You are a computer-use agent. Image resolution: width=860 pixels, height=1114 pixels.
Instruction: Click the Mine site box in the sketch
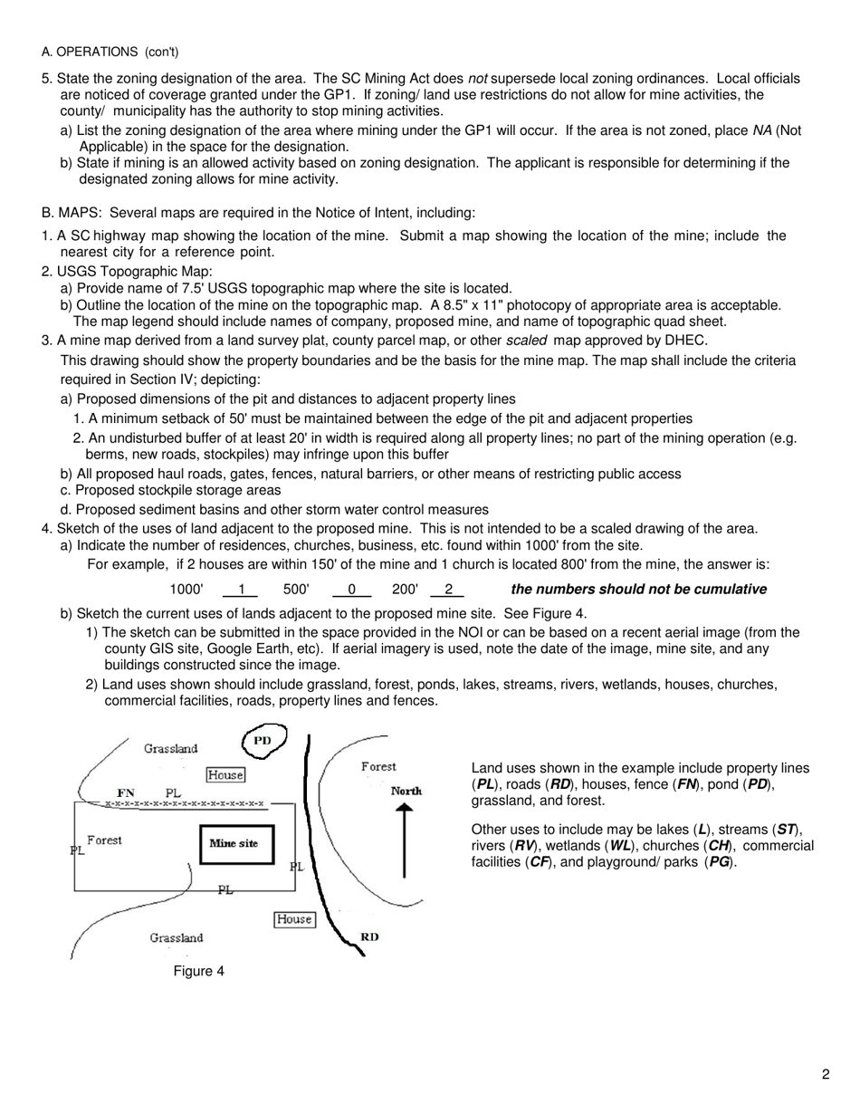(234, 843)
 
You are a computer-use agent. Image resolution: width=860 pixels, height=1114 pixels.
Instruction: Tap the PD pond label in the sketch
(263, 740)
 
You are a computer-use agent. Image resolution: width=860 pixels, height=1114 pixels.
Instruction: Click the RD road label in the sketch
(369, 936)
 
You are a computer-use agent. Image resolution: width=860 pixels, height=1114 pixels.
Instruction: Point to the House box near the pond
(225, 774)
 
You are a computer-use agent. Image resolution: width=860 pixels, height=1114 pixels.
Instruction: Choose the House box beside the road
(293, 919)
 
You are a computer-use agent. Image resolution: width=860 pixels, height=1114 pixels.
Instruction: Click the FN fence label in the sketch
(126, 792)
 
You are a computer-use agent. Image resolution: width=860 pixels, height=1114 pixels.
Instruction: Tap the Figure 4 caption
(199, 971)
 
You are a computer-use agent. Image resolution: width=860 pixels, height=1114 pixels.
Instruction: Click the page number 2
(826, 1075)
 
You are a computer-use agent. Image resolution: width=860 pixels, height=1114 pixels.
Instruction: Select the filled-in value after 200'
(448, 590)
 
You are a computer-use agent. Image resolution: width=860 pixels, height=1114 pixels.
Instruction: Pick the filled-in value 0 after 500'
(352, 590)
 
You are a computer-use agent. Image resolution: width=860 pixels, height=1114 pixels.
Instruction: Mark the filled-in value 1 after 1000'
(242, 590)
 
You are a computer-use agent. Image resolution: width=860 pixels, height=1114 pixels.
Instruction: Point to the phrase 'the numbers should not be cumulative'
(638, 590)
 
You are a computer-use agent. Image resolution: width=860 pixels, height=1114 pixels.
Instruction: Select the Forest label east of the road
(378, 766)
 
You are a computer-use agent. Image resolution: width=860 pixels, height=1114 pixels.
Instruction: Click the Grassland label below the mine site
(177, 937)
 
